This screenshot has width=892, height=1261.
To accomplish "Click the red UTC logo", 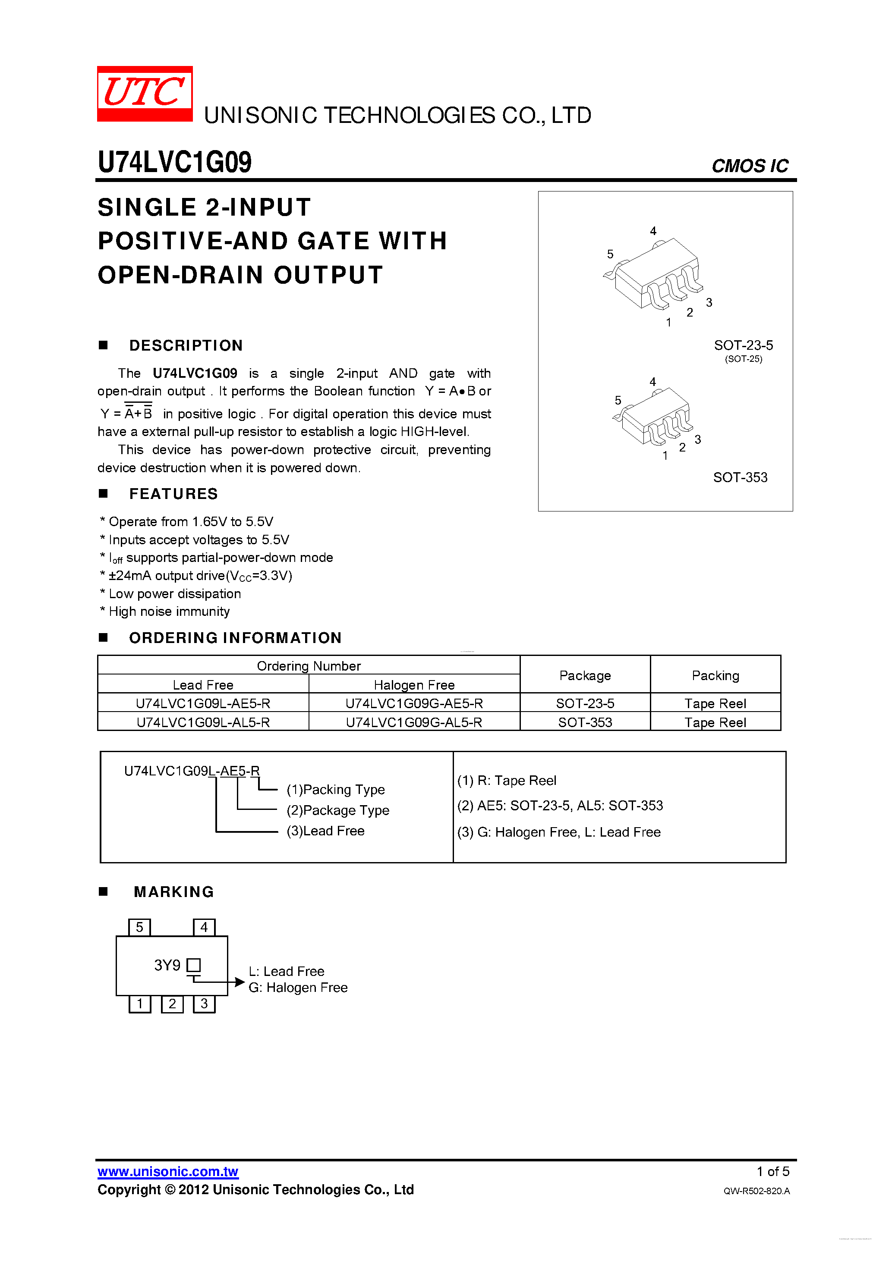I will (145, 93).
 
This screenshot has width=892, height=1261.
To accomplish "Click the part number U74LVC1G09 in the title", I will (174, 162).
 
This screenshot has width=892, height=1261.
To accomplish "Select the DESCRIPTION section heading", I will (186, 345).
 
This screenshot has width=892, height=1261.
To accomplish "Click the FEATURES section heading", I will (173, 494).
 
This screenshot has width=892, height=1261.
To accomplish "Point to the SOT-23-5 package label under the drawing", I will (743, 345).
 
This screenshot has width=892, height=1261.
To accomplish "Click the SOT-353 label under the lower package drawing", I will (740, 477).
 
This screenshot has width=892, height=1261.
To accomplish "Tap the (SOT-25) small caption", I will (743, 359).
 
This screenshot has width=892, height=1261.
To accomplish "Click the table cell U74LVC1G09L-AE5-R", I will (203, 703).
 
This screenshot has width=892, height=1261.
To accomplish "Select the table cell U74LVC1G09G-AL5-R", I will (414, 722).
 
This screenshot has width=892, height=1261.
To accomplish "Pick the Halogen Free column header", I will (414, 685).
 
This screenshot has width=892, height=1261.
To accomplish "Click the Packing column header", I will (715, 675).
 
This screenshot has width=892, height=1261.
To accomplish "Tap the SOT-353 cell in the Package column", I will (585, 722).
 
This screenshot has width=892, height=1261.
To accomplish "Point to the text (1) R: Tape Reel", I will (506, 781).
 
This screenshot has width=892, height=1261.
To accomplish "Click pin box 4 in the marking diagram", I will (204, 928).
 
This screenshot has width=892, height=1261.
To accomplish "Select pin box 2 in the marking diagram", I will (172, 1004).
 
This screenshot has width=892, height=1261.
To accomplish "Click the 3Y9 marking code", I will (167, 965).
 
